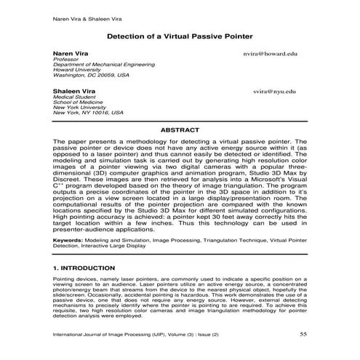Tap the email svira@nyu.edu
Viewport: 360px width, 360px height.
click(x=274, y=93)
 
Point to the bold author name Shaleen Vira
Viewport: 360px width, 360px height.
click(x=73, y=92)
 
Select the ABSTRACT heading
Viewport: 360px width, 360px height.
click(x=180, y=129)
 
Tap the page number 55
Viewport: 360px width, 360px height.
click(x=303, y=335)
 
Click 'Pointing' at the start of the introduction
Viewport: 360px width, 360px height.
click(x=65, y=279)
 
